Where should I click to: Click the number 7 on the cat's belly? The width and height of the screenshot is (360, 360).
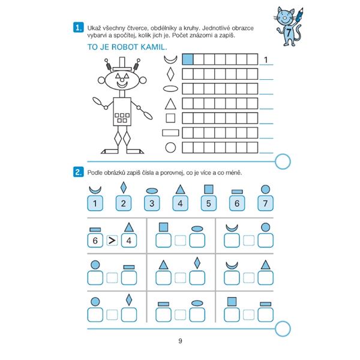[x=288, y=32]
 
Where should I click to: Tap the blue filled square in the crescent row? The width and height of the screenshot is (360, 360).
[x=188, y=59]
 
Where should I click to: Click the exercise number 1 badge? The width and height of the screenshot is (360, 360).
[x=78, y=28]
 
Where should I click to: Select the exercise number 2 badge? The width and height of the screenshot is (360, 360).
[x=78, y=172]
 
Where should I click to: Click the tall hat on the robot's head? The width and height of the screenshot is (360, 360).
[x=122, y=64]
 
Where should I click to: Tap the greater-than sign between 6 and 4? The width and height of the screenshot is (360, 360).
[x=112, y=241]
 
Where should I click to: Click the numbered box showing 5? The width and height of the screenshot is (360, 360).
[x=208, y=203]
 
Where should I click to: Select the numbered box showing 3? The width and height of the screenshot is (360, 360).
[x=152, y=203]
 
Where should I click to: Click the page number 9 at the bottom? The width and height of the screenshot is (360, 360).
[x=180, y=341]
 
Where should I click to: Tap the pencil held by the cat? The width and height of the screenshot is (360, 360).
[x=299, y=14]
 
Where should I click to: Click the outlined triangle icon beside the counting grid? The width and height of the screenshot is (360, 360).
[x=170, y=104]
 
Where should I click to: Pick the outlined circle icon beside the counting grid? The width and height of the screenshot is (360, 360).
[x=170, y=148]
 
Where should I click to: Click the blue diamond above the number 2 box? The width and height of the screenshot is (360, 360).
[x=124, y=187]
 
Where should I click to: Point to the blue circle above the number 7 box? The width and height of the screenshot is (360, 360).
[x=266, y=190]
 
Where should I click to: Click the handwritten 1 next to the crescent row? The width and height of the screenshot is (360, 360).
[x=266, y=59]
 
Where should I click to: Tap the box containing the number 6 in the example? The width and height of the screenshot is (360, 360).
[x=95, y=241]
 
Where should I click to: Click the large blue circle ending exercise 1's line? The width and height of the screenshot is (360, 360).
[x=283, y=161]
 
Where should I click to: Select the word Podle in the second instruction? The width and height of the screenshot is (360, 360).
[x=95, y=172]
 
